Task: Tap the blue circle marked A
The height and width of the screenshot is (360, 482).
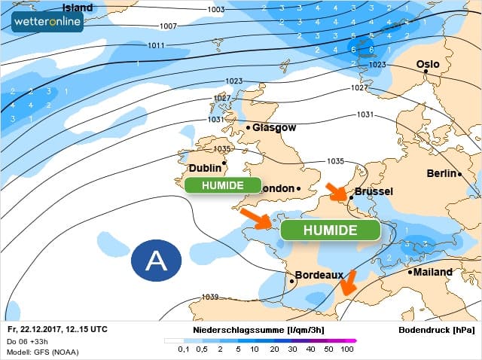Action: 156,261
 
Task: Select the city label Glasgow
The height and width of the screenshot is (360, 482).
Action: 274,127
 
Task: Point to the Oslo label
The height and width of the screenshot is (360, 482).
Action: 429,65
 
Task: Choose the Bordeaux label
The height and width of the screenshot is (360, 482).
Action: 319,276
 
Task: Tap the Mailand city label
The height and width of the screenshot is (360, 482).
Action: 433,272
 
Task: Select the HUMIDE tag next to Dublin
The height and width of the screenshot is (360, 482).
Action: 222,185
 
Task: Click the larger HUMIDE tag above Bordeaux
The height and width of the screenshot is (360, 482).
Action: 330,230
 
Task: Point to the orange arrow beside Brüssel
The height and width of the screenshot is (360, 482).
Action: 336,191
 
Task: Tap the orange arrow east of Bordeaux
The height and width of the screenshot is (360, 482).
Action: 347,283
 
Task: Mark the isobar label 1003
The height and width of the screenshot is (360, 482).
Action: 215,10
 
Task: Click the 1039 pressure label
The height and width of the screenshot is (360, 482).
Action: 210,297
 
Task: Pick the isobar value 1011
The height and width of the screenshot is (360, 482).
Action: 156,45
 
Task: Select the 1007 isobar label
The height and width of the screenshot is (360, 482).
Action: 169,26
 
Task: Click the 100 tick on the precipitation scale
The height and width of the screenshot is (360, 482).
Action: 347,349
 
